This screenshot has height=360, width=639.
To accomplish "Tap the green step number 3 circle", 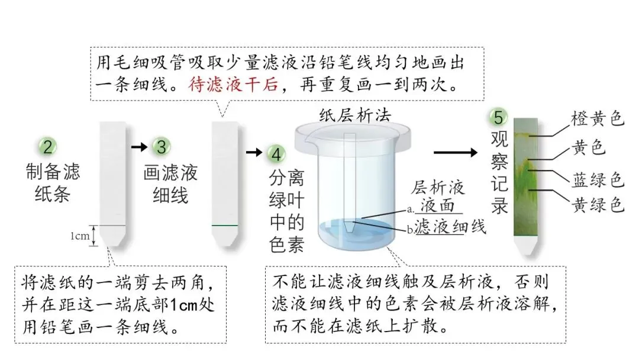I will (x=159, y=147).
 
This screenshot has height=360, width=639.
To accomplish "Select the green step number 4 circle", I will (x=275, y=153).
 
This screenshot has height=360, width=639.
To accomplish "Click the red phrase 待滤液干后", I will (x=233, y=85).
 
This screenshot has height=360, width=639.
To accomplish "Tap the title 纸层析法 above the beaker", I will (x=355, y=114).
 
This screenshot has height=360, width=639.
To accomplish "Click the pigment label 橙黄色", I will (x=598, y=119).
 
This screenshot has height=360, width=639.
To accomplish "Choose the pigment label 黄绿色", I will (x=598, y=205).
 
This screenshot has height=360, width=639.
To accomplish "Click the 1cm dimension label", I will (x=80, y=236).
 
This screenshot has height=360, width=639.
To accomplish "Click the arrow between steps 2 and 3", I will (x=138, y=146).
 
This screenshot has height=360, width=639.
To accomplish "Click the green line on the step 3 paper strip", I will (x=225, y=226).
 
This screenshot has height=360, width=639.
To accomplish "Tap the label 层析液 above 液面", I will (x=438, y=187).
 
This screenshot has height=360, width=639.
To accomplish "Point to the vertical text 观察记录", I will (x=500, y=172).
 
